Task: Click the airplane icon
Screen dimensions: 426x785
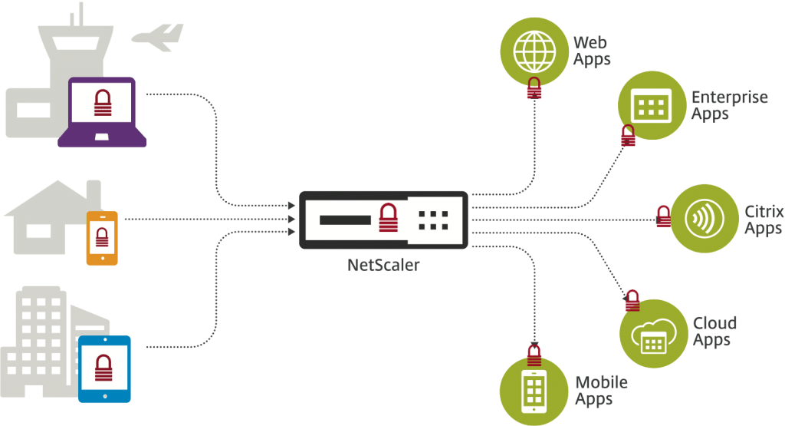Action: tap(158, 37)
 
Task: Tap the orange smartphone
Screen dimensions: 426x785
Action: tap(102, 238)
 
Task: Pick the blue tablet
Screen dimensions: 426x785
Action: tap(105, 368)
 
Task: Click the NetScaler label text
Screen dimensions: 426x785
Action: tap(383, 265)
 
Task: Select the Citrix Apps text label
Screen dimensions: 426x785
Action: tap(763, 219)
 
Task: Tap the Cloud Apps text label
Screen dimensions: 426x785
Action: tap(714, 331)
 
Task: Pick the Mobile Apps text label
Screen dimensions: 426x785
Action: tap(600, 390)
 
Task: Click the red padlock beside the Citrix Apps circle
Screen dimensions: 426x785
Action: tap(663, 216)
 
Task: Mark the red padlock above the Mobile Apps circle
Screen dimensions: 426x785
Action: tap(534, 355)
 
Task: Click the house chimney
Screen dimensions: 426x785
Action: tap(93, 192)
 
